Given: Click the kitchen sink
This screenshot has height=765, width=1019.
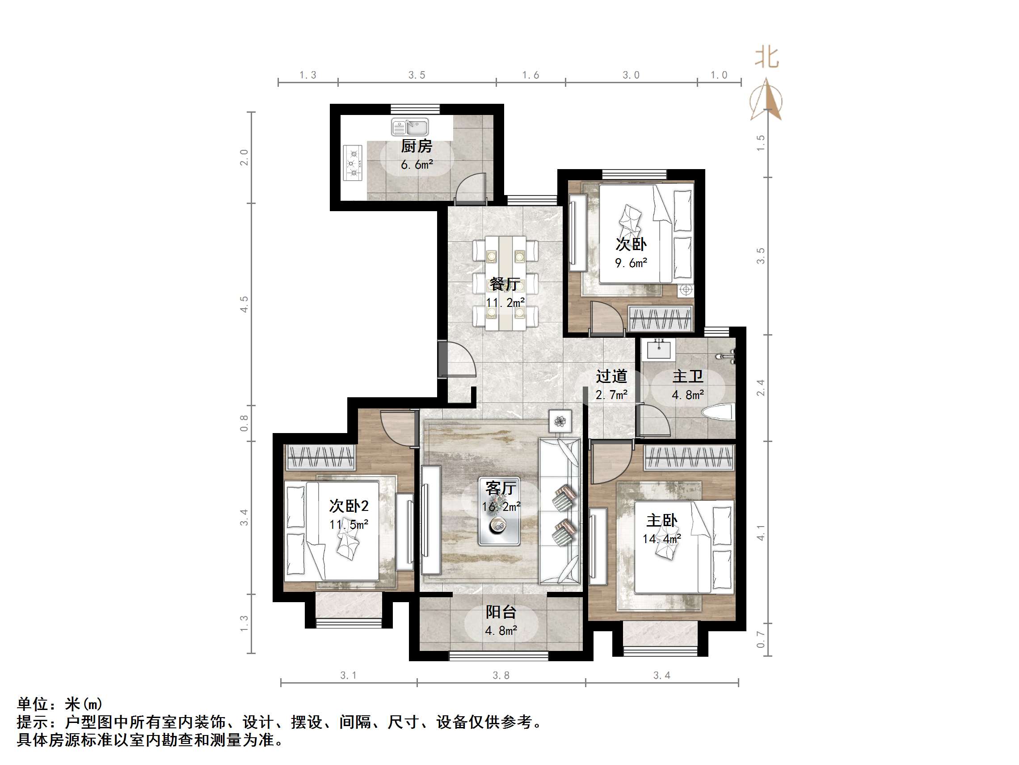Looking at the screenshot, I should (409, 127).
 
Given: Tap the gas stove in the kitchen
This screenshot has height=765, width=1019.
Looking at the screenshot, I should (353, 163).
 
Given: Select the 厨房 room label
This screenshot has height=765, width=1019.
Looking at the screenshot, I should (417, 146).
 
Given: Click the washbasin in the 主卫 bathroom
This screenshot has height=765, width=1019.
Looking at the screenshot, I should (659, 349).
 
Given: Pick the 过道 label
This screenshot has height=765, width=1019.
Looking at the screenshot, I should (611, 377).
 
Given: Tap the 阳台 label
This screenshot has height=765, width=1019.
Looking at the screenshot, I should (501, 612).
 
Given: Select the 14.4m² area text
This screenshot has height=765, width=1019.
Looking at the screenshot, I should (661, 539).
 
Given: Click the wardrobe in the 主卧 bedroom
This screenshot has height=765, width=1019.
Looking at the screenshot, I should (688, 458).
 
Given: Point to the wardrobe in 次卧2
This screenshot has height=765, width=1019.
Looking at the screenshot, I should (320, 457).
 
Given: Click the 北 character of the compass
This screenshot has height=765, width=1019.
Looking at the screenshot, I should (766, 58).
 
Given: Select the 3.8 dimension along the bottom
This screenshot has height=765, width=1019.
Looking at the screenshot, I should (501, 676).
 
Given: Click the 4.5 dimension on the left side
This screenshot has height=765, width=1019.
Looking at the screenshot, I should (244, 304).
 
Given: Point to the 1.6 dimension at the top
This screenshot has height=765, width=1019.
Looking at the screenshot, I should (530, 75).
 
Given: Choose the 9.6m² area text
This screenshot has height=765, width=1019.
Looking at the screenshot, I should (631, 263).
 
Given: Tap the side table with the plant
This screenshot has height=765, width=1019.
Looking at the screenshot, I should (560, 421).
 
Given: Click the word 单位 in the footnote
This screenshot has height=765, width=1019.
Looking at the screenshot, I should (33, 704).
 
